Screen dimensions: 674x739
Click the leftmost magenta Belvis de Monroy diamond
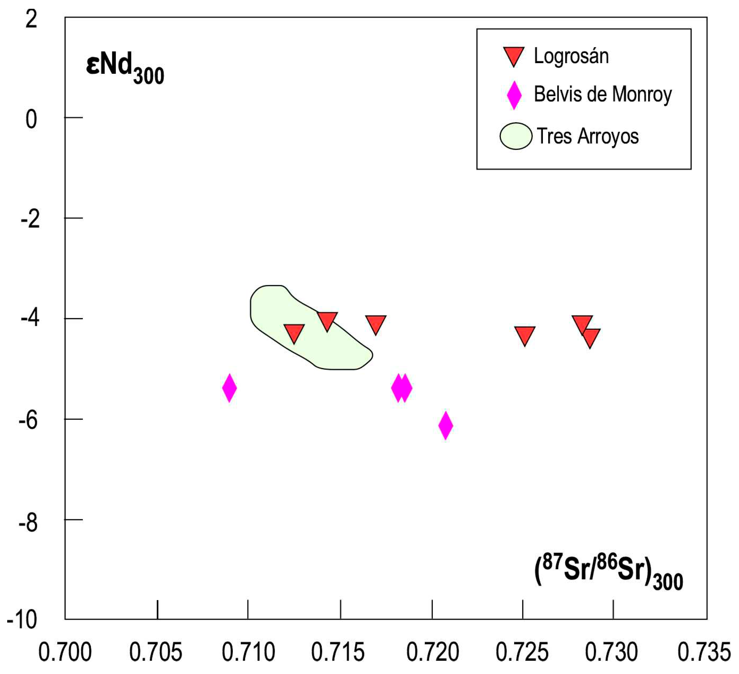tap(229, 388)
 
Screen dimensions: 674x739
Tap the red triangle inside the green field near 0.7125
tap(294, 332)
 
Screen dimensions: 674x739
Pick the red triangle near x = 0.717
tap(376, 324)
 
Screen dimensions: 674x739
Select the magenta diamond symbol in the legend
tap(514, 95)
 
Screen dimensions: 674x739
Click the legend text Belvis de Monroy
tap(603, 95)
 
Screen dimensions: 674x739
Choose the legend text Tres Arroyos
tap(588, 136)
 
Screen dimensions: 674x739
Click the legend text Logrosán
tap(571, 56)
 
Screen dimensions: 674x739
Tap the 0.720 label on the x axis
tap(433, 653)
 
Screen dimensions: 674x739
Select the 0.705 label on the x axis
tap(156, 653)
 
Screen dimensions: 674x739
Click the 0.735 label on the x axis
tap(704, 653)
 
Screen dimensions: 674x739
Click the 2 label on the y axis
tap(31, 19)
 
